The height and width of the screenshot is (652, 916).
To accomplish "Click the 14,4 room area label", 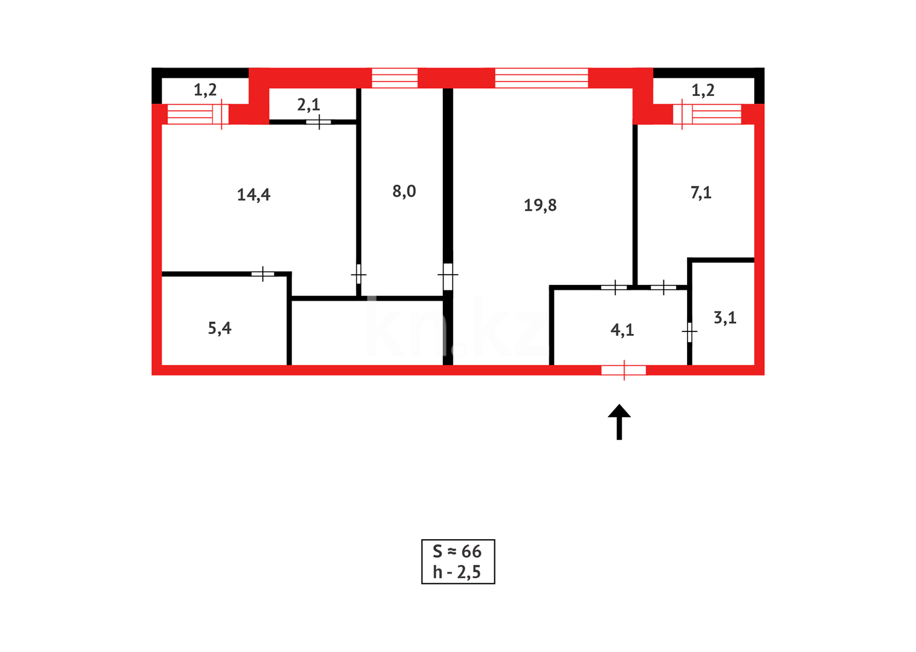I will click(254, 194).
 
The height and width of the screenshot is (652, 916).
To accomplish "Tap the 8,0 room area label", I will click(404, 191).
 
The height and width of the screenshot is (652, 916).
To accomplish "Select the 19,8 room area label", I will click(540, 205).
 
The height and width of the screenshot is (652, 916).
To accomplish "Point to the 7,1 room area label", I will click(701, 193).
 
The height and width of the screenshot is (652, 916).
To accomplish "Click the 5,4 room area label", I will click(220, 328).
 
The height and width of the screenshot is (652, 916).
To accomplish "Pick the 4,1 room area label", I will click(622, 330).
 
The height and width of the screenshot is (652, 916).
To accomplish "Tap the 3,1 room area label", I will click(725, 318).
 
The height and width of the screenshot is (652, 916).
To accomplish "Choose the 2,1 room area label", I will click(309, 105).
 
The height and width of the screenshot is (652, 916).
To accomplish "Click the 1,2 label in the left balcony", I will click(205, 90).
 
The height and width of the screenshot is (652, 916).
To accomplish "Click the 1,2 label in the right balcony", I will click(703, 90).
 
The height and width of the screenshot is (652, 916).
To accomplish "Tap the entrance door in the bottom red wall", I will click(624, 370).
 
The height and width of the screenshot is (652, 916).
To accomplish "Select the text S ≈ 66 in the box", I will click(457, 551).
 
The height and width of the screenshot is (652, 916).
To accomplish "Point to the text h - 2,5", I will click(457, 572).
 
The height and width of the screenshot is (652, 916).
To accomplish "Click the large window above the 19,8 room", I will click(541, 78).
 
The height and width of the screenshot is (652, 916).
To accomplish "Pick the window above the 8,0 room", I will click(395, 78).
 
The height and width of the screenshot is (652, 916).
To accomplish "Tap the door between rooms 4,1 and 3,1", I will click(689, 331).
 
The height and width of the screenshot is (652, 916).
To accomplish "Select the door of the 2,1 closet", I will click(318, 123).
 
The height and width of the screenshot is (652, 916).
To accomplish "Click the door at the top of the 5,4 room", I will click(263, 274).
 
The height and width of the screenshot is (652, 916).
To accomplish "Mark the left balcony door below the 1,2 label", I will click(195, 114).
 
